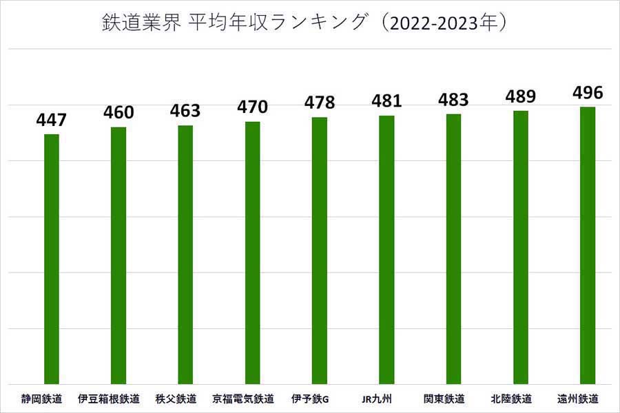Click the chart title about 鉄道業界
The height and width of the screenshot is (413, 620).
click(x=304, y=23)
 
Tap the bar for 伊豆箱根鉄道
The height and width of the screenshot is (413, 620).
click(x=118, y=255)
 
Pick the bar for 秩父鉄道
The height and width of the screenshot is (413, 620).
click(x=185, y=254)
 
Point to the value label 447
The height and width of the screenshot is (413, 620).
click(x=52, y=120)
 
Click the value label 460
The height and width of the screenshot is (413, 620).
click(x=118, y=112)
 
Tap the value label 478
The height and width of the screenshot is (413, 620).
click(x=320, y=103)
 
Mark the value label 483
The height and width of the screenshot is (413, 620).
click(x=453, y=99)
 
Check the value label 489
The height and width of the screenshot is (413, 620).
click(x=520, y=96)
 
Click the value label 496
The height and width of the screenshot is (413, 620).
click(x=588, y=92)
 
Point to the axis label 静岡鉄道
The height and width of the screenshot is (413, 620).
click(x=41, y=399)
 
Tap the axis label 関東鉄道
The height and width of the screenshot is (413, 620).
click(x=444, y=399)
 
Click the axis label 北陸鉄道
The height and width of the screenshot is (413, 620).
click(x=511, y=399)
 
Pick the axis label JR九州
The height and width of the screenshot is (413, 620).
click(x=377, y=399)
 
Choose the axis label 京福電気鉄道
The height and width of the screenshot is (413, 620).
click(x=243, y=399)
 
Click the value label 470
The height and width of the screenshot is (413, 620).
click(x=252, y=107)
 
